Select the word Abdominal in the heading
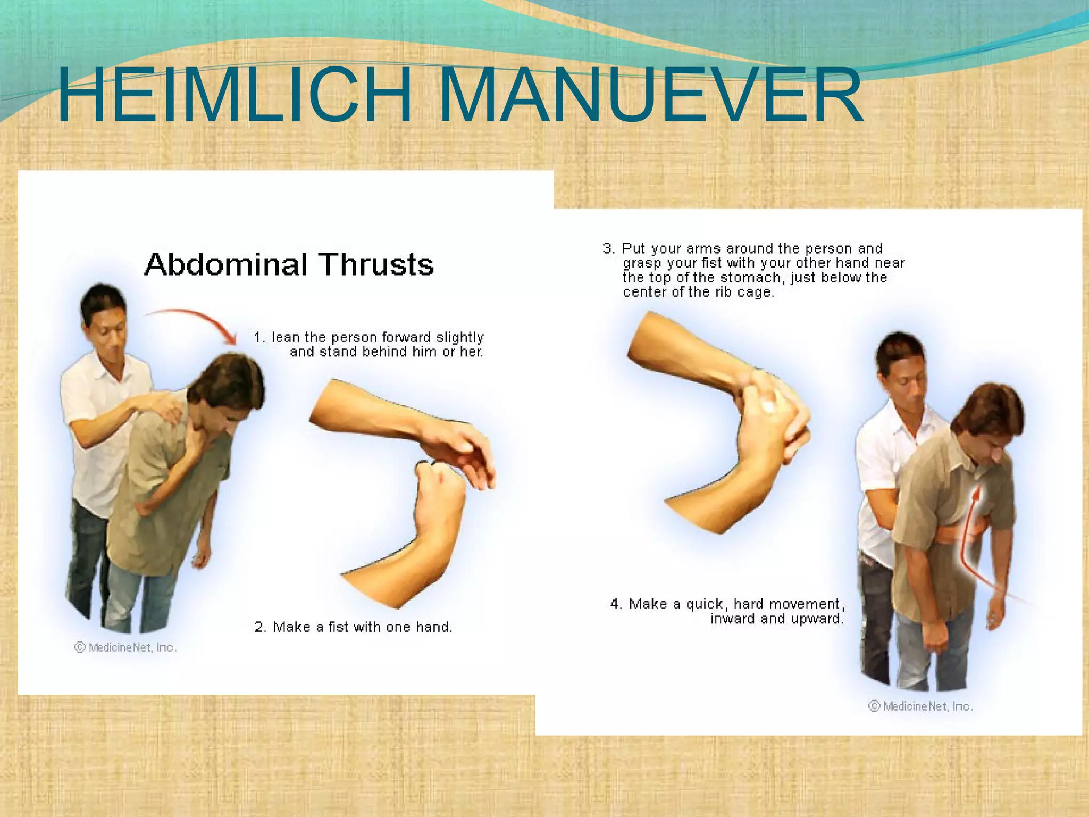(x=226, y=264)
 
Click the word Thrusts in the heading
(x=376, y=264)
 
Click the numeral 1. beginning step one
(x=259, y=337)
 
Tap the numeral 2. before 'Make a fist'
(x=260, y=627)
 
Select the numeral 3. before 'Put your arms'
(x=609, y=248)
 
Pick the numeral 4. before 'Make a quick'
(x=616, y=604)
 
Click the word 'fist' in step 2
(x=338, y=627)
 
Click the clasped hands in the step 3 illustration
(x=771, y=420)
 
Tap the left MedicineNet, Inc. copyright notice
(x=125, y=647)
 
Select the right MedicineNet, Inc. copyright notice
(x=921, y=706)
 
